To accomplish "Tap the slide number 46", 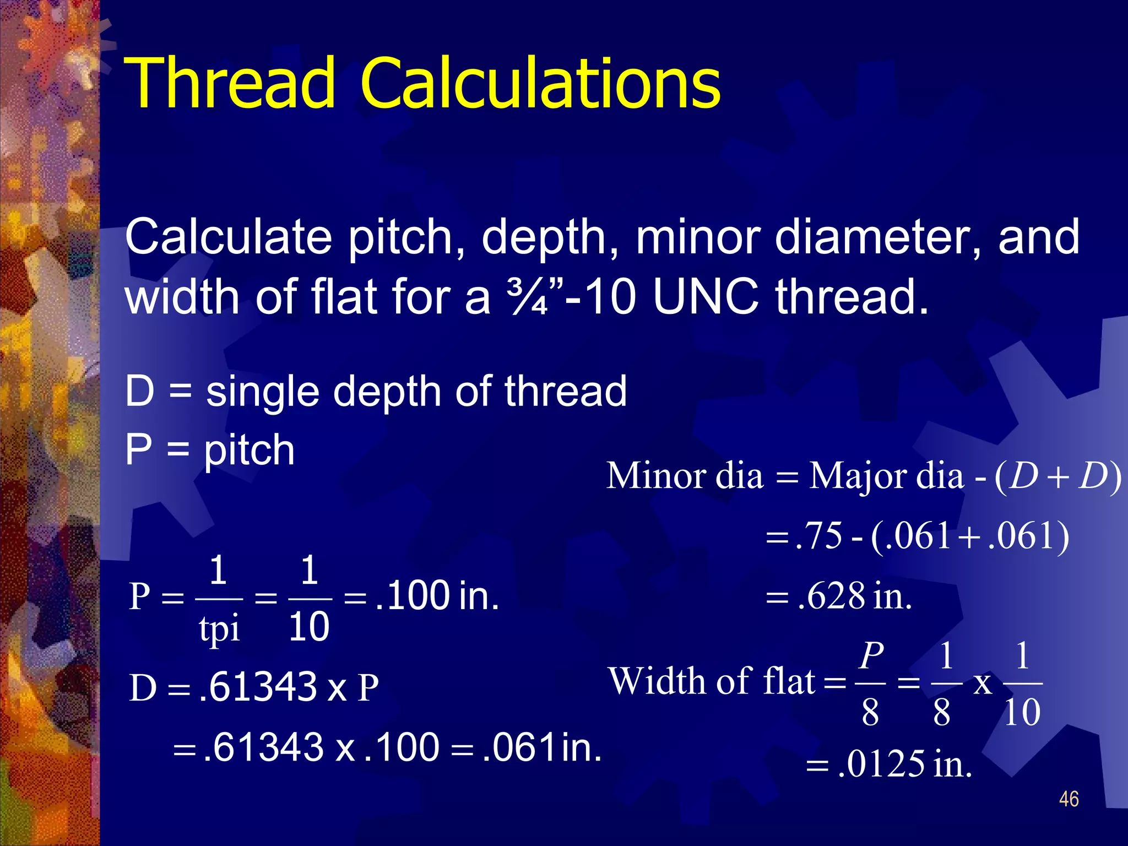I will click(1069, 799).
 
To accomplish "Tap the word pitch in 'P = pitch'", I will click(249, 450).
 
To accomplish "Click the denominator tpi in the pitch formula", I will click(219, 628).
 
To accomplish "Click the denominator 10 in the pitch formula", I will click(309, 627).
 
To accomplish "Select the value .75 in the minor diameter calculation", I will click(819, 535).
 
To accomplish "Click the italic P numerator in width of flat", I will click(871, 656).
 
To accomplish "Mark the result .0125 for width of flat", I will click(881, 764).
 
